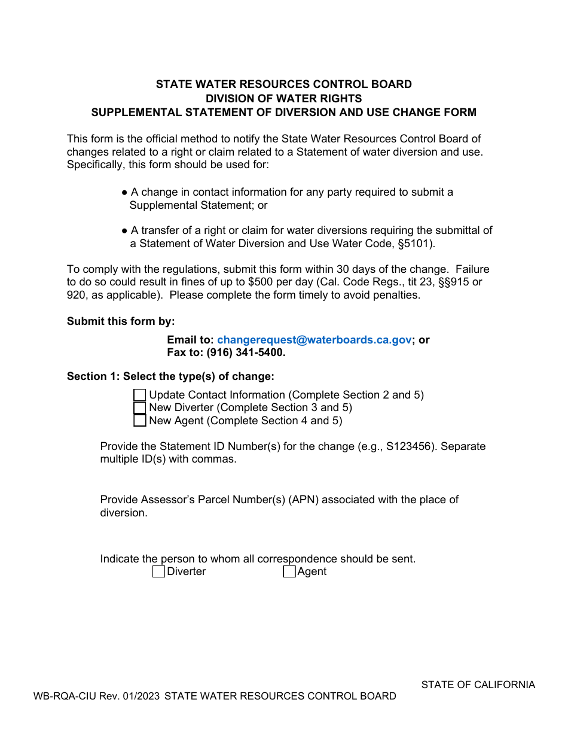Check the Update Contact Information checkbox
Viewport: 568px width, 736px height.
(x=139, y=395)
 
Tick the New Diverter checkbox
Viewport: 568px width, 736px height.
(x=139, y=408)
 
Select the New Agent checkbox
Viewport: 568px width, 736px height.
(x=139, y=421)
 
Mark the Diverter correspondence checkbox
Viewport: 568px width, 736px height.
(x=158, y=572)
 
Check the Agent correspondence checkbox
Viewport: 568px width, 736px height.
(x=289, y=572)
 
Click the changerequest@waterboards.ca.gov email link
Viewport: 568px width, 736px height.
(x=314, y=340)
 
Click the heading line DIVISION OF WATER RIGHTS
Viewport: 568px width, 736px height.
(x=283, y=98)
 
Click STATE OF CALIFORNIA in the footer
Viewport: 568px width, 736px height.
(x=478, y=685)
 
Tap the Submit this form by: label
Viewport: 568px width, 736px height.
(x=121, y=321)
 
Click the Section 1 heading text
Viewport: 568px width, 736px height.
(x=170, y=376)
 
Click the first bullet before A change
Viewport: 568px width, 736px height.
(x=124, y=192)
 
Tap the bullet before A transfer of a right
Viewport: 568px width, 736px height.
(x=124, y=230)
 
